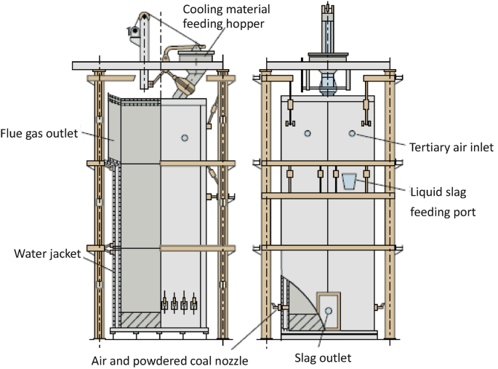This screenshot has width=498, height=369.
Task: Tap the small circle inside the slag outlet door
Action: (x=328, y=310)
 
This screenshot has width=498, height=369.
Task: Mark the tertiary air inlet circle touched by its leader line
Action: (x=352, y=133)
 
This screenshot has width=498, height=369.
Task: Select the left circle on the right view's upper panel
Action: (x=308, y=133)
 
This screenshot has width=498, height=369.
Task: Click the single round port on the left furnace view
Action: (x=185, y=138)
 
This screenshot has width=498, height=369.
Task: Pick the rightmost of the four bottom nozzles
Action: (x=194, y=302)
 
